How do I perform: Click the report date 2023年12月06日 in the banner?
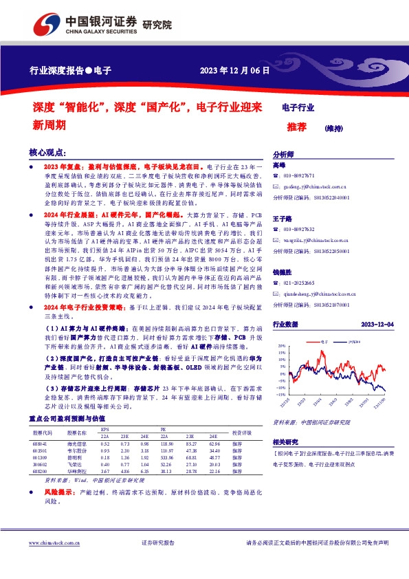(x=234, y=70)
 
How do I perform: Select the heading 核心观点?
(x=47, y=153)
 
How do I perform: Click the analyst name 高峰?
(x=278, y=166)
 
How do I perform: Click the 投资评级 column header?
(x=242, y=433)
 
